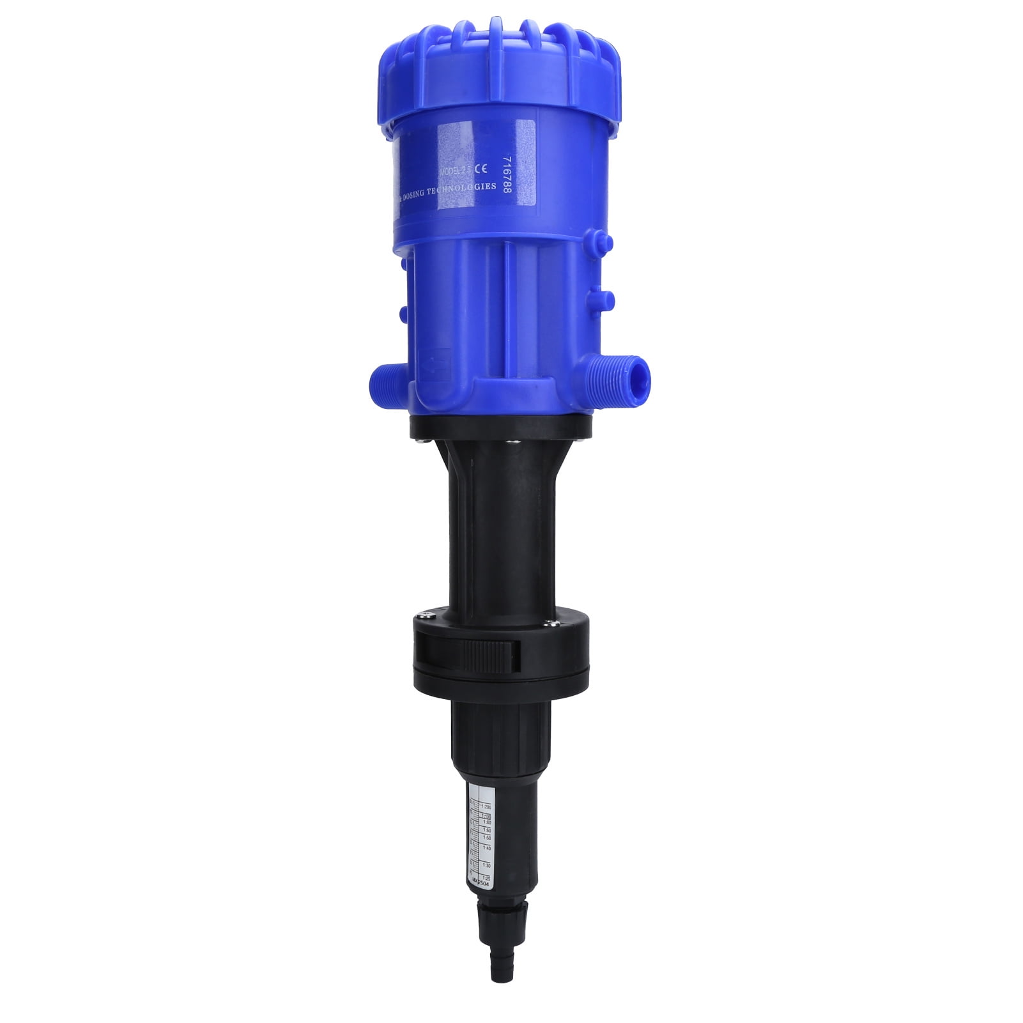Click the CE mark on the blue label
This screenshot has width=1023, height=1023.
[484, 170]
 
